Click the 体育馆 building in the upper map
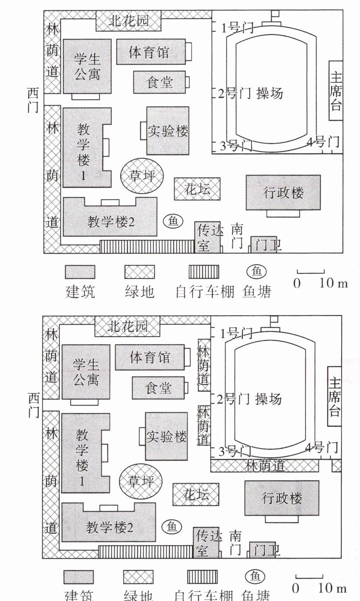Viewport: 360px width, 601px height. click(x=151, y=52)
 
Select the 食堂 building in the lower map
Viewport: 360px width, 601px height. click(x=159, y=388)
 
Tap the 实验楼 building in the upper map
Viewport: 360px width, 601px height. click(x=167, y=131)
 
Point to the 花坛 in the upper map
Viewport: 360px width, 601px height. click(x=197, y=189)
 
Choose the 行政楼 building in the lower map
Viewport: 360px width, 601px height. click(x=282, y=498)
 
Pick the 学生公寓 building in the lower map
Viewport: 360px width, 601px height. click(x=86, y=372)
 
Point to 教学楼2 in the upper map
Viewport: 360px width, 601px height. click(x=110, y=221)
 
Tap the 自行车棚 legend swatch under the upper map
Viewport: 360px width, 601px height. click(x=203, y=272)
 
